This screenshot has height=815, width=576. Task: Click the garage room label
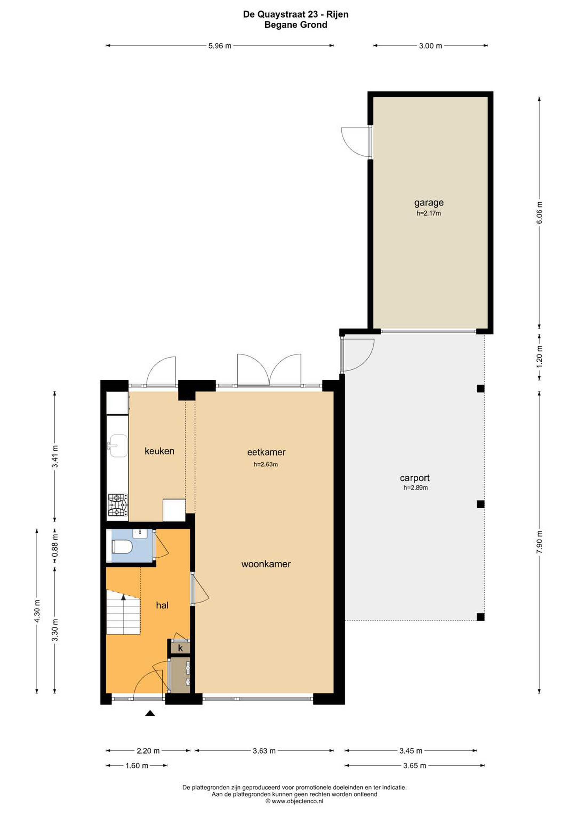(429, 202)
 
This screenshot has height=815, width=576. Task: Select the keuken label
(159, 451)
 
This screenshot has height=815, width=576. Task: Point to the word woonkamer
(266, 564)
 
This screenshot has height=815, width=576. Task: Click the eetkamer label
(266, 452)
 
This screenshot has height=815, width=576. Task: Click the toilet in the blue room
(122, 547)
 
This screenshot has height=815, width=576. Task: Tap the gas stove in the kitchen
(118, 505)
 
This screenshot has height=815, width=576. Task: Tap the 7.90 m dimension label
(540, 542)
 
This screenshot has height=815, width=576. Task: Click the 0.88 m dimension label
(55, 546)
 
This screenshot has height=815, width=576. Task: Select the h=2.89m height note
(415, 488)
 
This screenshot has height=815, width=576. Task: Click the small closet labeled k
(180, 648)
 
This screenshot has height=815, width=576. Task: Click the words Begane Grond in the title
(296, 25)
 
